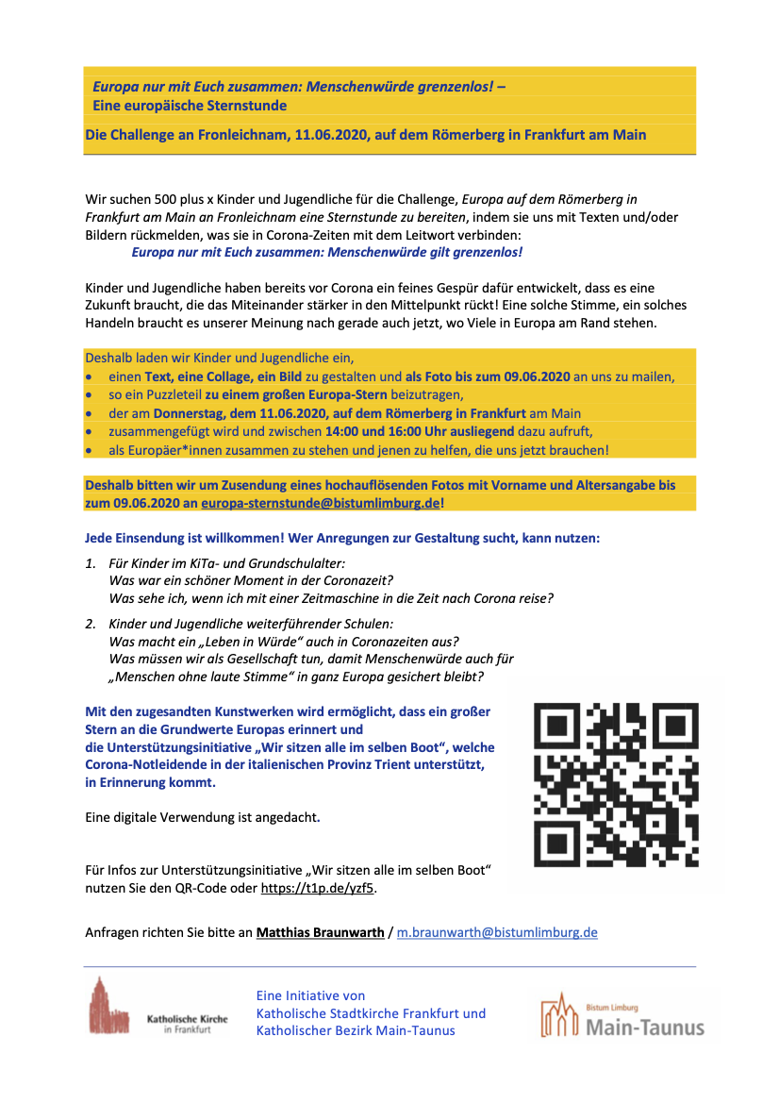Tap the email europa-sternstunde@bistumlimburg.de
320,504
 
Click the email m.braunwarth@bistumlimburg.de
497,932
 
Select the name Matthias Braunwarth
321,932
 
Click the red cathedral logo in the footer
109,1006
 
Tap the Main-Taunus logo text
644,1027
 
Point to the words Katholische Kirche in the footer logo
187,1019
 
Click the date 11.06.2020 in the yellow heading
330,135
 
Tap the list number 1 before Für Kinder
90,562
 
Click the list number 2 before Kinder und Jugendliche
90,624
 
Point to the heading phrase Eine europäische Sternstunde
190,106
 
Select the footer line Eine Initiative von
310,995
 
